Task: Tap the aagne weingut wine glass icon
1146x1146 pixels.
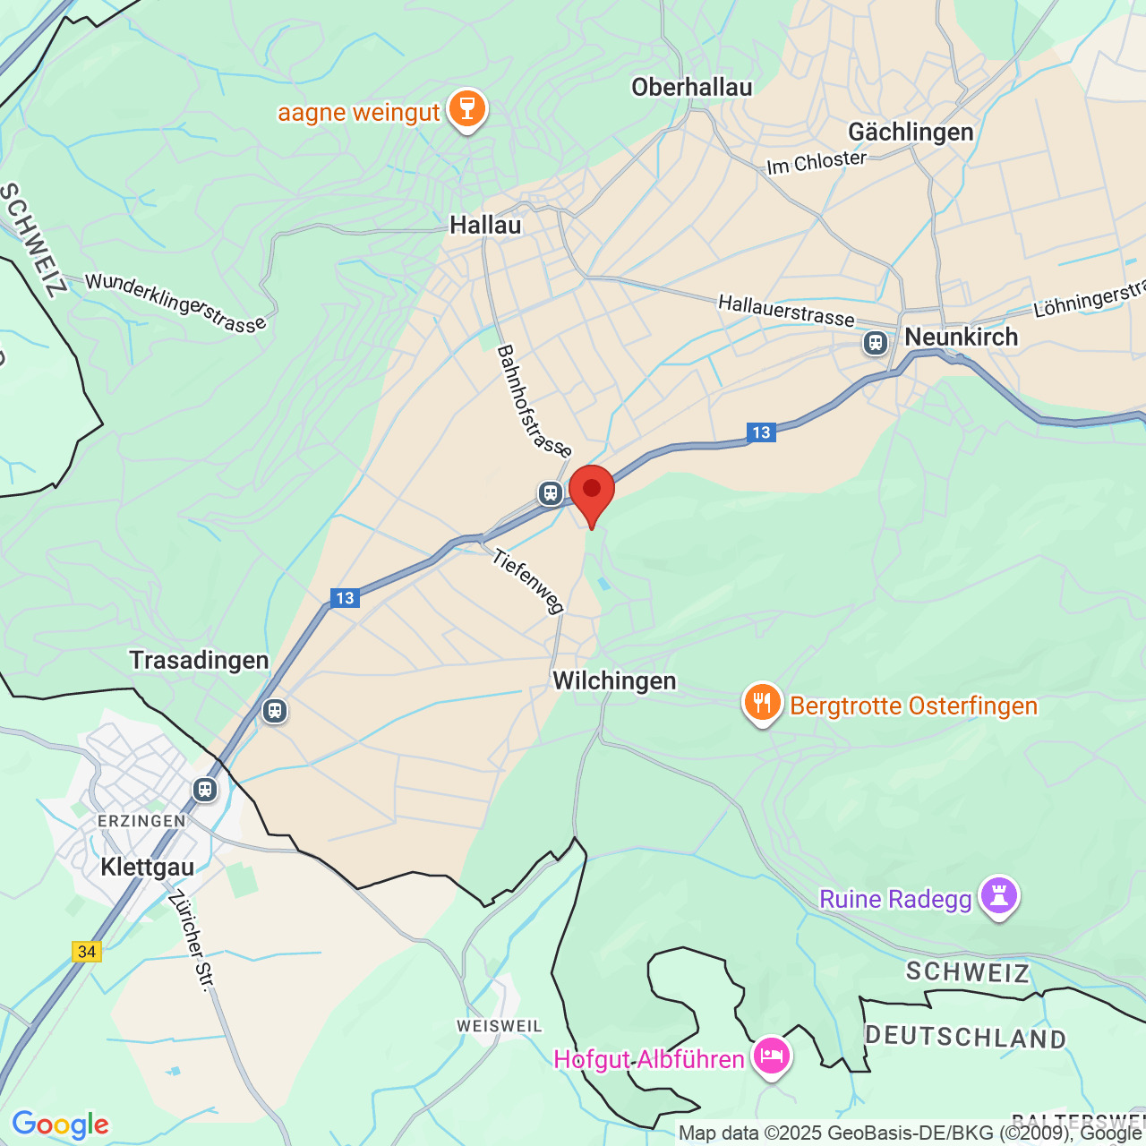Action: (466, 109)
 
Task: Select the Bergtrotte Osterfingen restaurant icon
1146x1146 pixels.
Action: (762, 703)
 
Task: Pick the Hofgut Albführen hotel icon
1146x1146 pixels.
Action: (771, 1056)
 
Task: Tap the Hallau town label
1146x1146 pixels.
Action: (485, 225)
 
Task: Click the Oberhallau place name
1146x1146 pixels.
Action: (691, 87)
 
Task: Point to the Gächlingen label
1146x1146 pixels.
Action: (911, 132)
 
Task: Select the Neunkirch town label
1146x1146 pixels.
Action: (961, 337)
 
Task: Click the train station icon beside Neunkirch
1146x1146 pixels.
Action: (875, 343)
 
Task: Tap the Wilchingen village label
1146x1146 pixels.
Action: (614, 680)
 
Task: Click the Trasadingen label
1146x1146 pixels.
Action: (199, 660)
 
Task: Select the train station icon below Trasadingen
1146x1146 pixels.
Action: (274, 711)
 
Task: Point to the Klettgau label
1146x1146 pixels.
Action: (147, 867)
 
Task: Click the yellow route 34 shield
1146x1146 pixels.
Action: (87, 952)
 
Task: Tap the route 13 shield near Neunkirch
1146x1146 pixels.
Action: (761, 432)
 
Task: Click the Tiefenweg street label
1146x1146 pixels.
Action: (528, 582)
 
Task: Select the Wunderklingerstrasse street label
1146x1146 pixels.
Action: (175, 303)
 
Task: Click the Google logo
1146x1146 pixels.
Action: (60, 1125)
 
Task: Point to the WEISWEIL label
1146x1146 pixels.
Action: (499, 1026)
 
